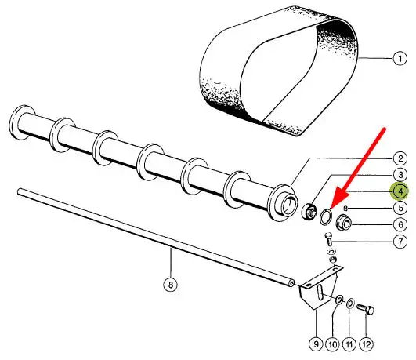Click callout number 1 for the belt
[400, 59]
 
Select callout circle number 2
[400, 158]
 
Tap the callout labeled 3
[400, 175]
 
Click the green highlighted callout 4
[400, 191]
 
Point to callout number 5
[400, 208]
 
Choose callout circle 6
[400, 225]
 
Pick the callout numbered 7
[400, 242]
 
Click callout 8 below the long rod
[170, 285]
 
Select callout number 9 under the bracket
[316, 344]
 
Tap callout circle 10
[332, 344]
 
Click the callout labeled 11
[349, 344]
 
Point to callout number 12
[366, 344]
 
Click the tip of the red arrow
[331, 209]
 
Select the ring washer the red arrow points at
[325, 216]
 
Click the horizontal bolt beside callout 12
[366, 309]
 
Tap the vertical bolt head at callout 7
[328, 235]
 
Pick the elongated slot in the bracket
[320, 293]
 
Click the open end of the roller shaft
[289, 206]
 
